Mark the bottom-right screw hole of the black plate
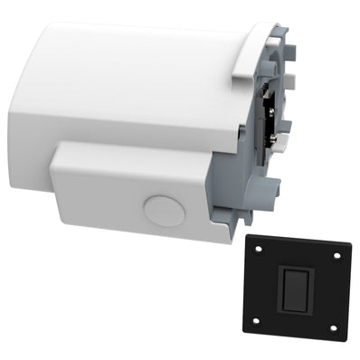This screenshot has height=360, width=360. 335,327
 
